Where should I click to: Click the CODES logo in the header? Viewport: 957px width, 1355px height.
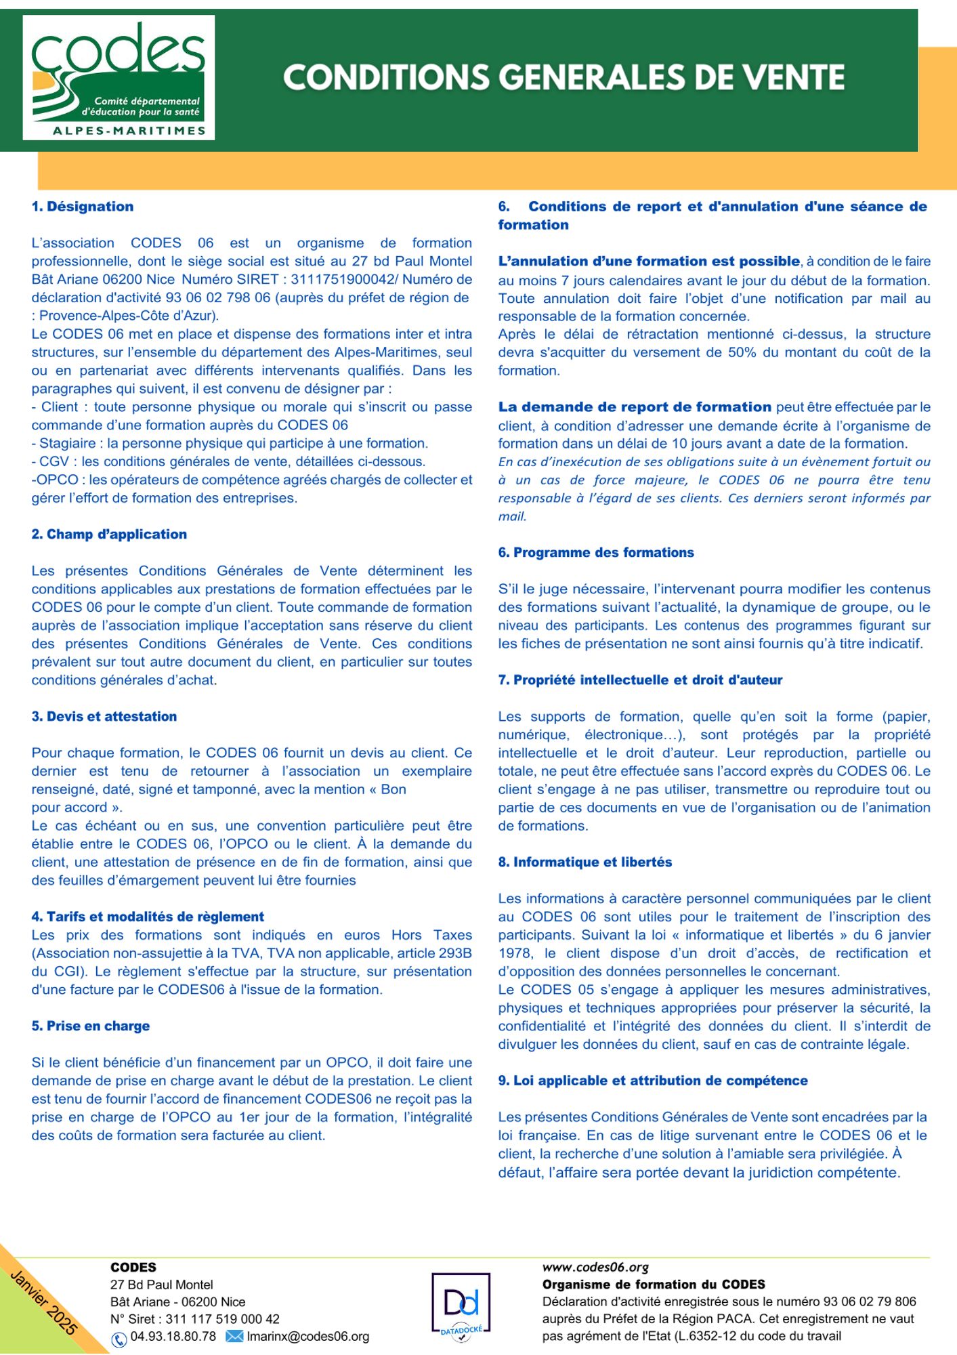[x=119, y=78]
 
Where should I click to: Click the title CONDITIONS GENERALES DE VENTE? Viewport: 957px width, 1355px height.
[x=563, y=78]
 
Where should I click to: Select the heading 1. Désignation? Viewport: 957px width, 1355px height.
[x=83, y=207]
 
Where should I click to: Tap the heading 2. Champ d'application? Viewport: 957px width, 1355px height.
[x=109, y=535]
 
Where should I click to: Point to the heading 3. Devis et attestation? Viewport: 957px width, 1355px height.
[x=104, y=717]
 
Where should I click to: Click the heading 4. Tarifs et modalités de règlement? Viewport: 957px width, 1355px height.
[x=148, y=917]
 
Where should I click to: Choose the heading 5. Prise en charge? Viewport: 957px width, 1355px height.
[x=91, y=1026]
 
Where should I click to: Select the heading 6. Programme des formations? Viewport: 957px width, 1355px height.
[x=596, y=553]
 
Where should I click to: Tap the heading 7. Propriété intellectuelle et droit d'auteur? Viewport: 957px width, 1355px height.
[x=640, y=680]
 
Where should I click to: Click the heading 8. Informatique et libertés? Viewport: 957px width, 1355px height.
[x=585, y=862]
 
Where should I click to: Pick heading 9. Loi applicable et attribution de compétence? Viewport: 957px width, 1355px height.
[x=653, y=1081]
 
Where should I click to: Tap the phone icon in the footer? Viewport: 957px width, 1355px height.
[x=119, y=1338]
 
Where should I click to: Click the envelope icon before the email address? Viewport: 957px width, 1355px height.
[x=234, y=1337]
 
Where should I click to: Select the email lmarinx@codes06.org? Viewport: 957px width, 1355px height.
[x=308, y=1337]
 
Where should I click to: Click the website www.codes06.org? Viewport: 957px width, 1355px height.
[x=595, y=1267]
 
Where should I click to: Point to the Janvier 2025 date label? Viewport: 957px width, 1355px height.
[x=45, y=1301]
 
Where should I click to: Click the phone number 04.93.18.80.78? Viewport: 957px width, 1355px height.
[x=173, y=1337]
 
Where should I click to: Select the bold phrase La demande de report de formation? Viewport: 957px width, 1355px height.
[x=635, y=407]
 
